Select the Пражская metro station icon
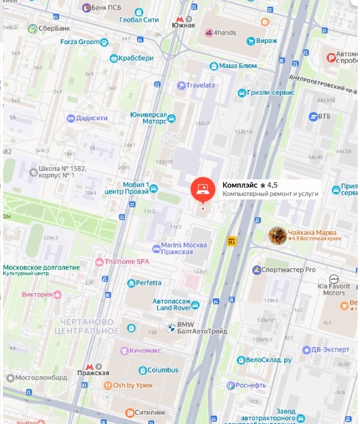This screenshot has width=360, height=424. [x=89, y=365]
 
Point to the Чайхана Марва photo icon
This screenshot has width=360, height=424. [x=277, y=235]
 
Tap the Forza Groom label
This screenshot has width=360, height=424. [x=80, y=42]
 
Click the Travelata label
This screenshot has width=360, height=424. [x=200, y=85]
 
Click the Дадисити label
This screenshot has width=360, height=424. [x=92, y=118]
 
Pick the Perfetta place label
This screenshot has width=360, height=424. [x=148, y=282]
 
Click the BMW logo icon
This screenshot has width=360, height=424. [x=169, y=328]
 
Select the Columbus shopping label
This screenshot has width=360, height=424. [x=163, y=370]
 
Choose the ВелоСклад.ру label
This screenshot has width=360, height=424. [x=269, y=360]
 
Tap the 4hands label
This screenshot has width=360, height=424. [x=225, y=32]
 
